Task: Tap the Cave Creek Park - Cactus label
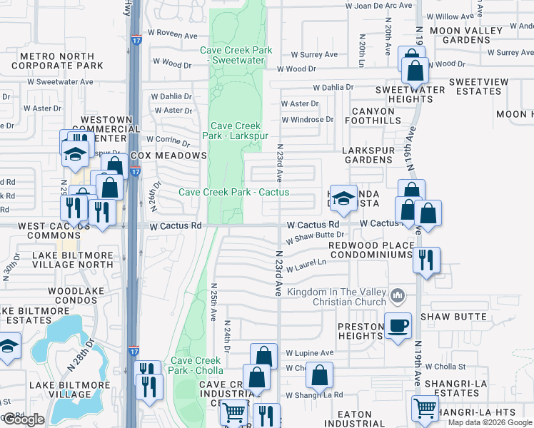(x=233, y=192)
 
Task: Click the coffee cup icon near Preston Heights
(x=398, y=325)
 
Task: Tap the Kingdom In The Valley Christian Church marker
(x=398, y=295)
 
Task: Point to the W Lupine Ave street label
(x=309, y=353)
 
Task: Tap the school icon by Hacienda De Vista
(x=343, y=199)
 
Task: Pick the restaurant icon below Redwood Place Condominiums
(x=426, y=260)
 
